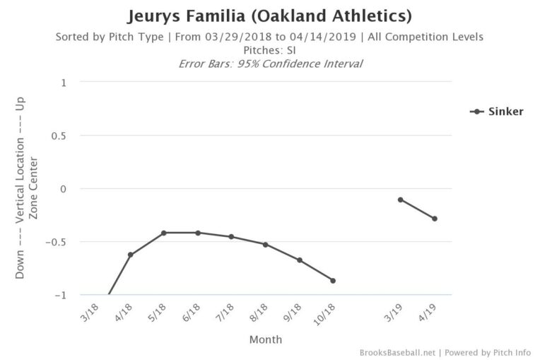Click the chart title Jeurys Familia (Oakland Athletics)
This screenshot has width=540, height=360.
(x=269, y=15)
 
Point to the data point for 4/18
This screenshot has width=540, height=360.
(x=130, y=255)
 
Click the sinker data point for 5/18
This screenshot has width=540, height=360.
(x=163, y=233)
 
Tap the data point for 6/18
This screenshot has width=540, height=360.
(x=198, y=233)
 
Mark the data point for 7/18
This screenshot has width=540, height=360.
(x=231, y=237)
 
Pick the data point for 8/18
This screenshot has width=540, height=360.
(x=265, y=245)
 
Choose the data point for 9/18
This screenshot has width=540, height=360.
(x=299, y=260)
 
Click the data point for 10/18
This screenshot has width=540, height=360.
(x=333, y=281)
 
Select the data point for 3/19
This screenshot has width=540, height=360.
(x=400, y=199)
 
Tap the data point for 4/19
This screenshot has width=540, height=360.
(x=435, y=219)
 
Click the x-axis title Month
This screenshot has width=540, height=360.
(x=265, y=339)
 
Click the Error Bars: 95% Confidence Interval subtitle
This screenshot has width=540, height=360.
(x=269, y=64)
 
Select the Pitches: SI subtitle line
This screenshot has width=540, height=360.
(x=269, y=50)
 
